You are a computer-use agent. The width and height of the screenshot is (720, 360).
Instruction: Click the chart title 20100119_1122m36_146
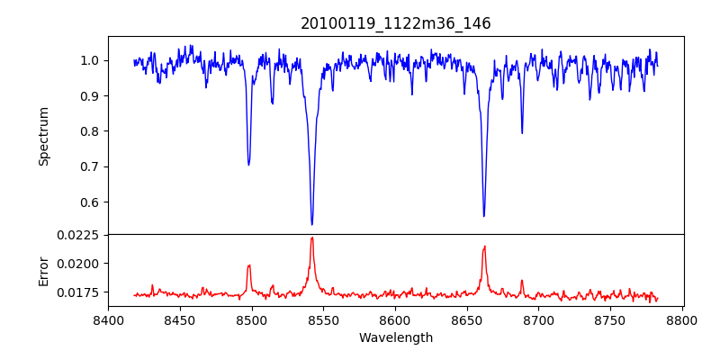(x=396, y=23)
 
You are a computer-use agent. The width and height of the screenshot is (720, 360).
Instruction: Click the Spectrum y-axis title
(x=43, y=136)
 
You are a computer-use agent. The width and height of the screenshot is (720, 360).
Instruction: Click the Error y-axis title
(x=43, y=270)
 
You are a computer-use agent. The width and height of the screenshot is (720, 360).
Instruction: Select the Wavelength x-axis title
(x=396, y=338)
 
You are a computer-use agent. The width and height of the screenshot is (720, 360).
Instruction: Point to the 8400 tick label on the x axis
(x=108, y=320)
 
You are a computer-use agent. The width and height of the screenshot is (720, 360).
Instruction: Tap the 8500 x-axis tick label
(x=252, y=320)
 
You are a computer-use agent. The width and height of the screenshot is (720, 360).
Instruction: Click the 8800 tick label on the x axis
(x=682, y=320)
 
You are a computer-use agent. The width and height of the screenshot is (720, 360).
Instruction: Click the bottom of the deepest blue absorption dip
(x=312, y=224)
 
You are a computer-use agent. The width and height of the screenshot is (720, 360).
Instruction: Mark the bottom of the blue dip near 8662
(x=484, y=216)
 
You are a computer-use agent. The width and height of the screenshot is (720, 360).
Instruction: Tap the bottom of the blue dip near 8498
(x=248, y=165)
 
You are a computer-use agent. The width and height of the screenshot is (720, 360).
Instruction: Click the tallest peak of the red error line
(x=312, y=238)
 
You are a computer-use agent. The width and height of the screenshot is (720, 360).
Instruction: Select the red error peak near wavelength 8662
(x=484, y=247)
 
